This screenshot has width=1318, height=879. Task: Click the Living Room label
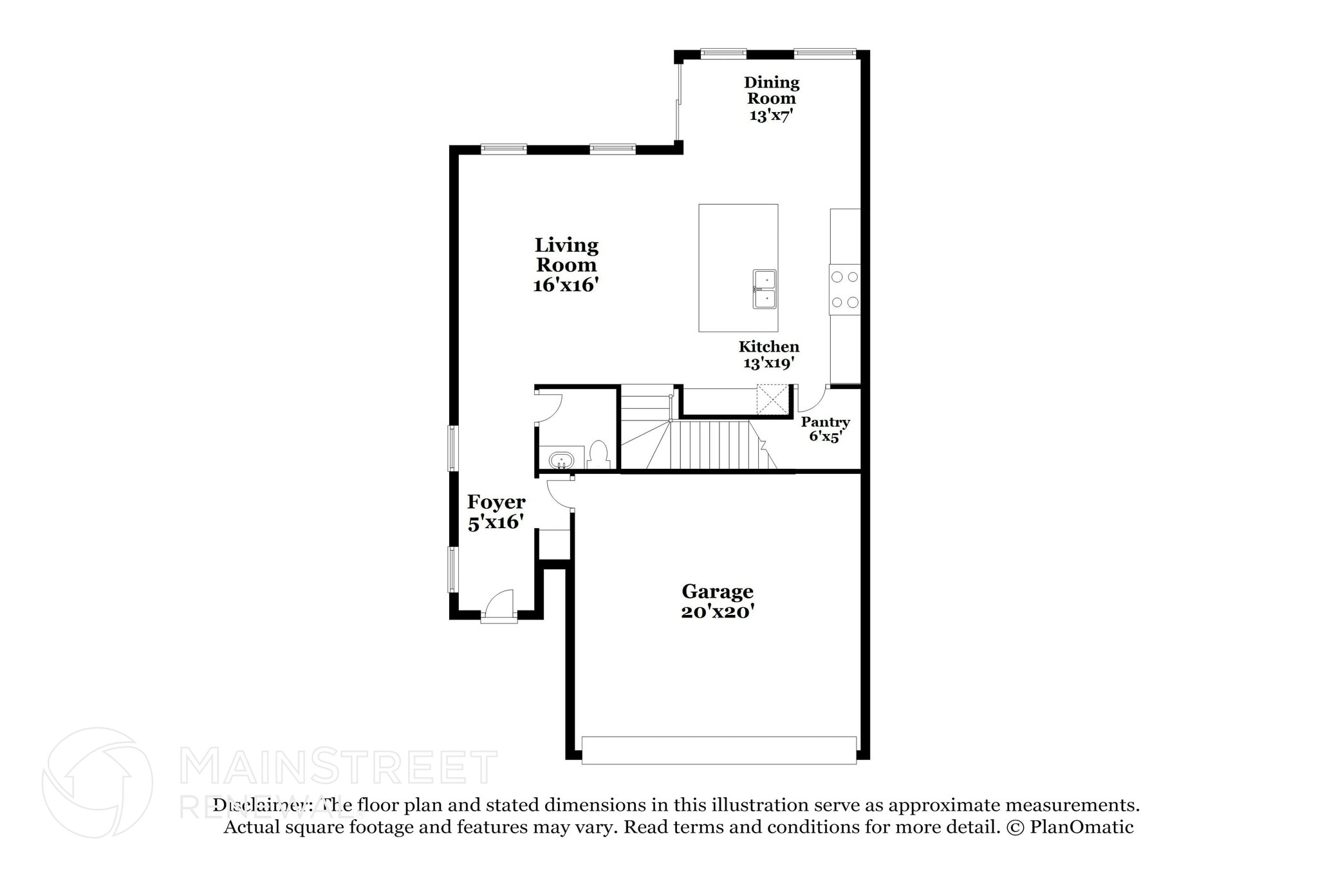tap(566, 255)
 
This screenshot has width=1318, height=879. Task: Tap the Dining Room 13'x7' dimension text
tap(770, 116)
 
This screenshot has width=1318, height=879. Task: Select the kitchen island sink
tap(765, 289)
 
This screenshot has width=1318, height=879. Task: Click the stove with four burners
tap(844, 290)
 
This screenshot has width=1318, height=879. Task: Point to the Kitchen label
tap(768, 346)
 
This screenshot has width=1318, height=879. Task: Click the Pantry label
tap(825, 422)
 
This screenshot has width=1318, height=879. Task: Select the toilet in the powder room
tap(599, 455)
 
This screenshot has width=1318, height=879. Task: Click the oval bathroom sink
tap(561, 460)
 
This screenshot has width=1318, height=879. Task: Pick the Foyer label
tap(496, 502)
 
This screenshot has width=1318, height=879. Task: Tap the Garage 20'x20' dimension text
tap(717, 611)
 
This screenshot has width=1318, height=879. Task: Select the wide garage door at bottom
tap(718, 750)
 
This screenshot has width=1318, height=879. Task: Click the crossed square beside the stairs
tap(772, 399)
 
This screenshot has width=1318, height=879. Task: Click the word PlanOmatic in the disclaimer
tap(1081, 827)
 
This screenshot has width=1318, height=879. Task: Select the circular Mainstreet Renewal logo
tap(97, 783)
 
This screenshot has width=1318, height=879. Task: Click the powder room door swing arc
tap(549, 406)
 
